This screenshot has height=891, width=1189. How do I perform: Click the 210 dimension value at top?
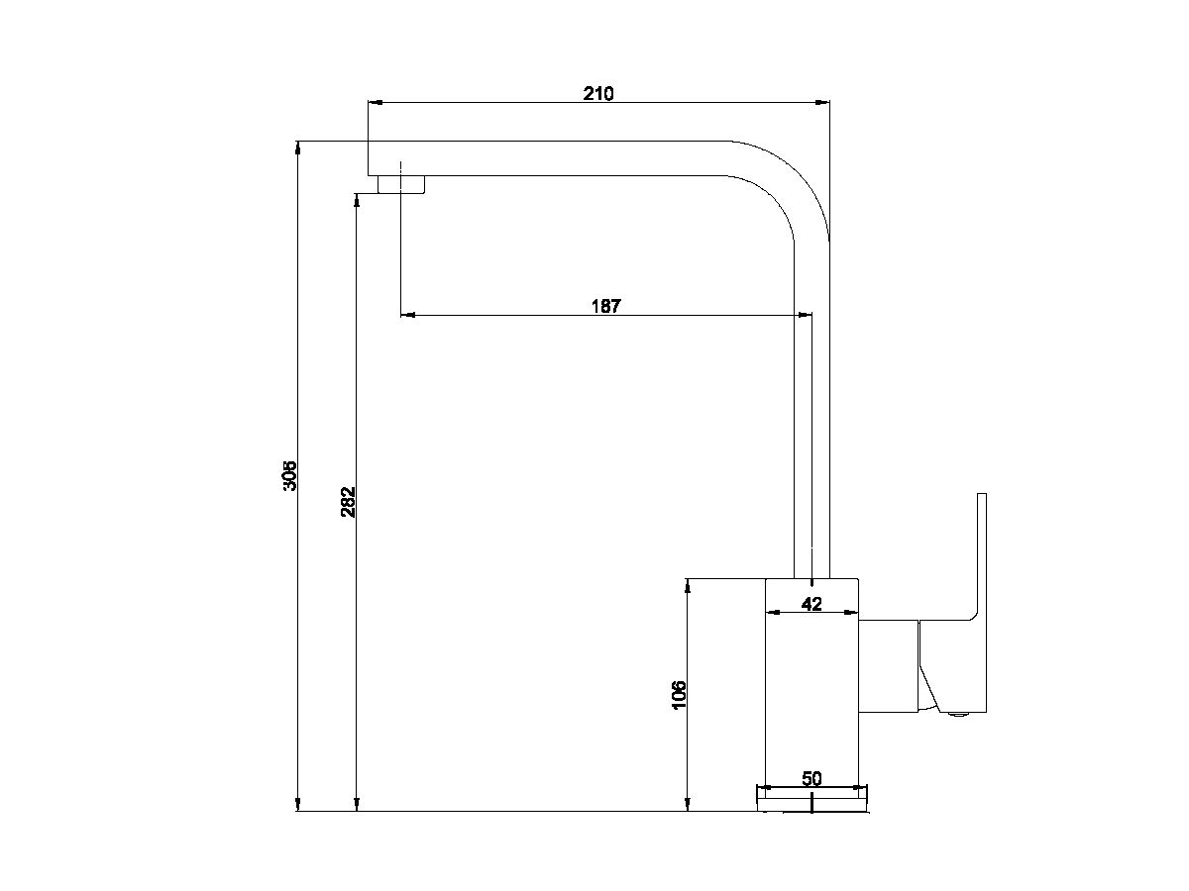(598, 94)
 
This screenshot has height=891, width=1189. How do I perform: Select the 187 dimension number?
(605, 306)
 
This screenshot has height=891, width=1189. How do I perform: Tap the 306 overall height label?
(289, 476)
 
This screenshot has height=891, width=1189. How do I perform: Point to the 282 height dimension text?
(348, 503)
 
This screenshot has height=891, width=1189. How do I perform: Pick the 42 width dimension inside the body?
(811, 604)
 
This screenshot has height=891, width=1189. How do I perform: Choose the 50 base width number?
(811, 778)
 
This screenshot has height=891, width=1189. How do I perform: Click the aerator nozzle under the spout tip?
(401, 184)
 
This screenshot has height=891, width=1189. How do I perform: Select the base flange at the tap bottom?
(811, 798)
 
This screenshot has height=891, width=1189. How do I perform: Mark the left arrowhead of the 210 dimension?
(375, 101)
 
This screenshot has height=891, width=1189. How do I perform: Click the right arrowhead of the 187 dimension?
(806, 315)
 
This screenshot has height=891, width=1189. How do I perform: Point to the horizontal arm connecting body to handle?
(888, 668)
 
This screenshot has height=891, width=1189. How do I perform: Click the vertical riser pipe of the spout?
(811, 416)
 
